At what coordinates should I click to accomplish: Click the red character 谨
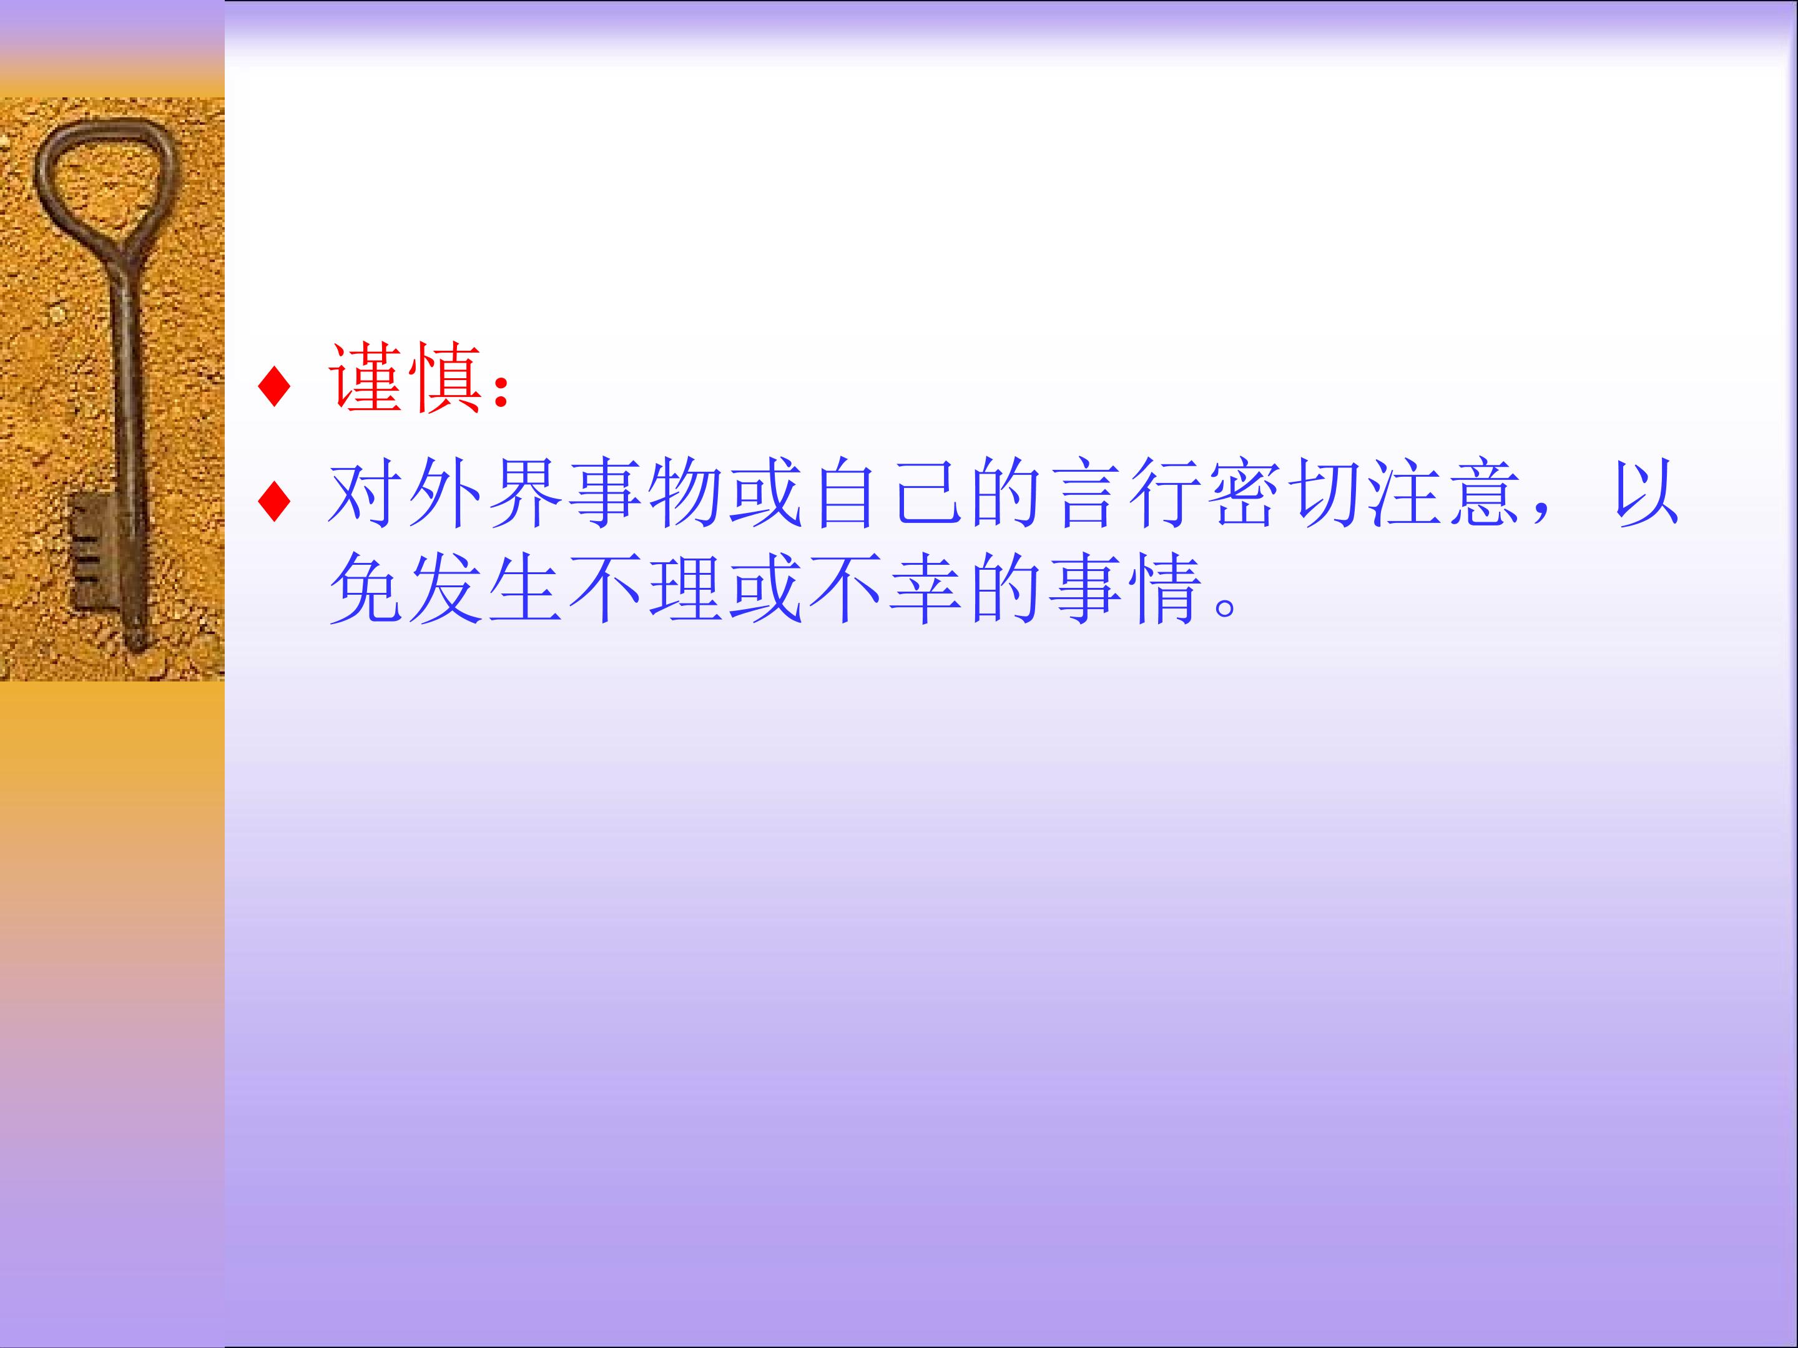[366, 379]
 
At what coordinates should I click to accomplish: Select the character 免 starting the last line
[366, 589]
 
